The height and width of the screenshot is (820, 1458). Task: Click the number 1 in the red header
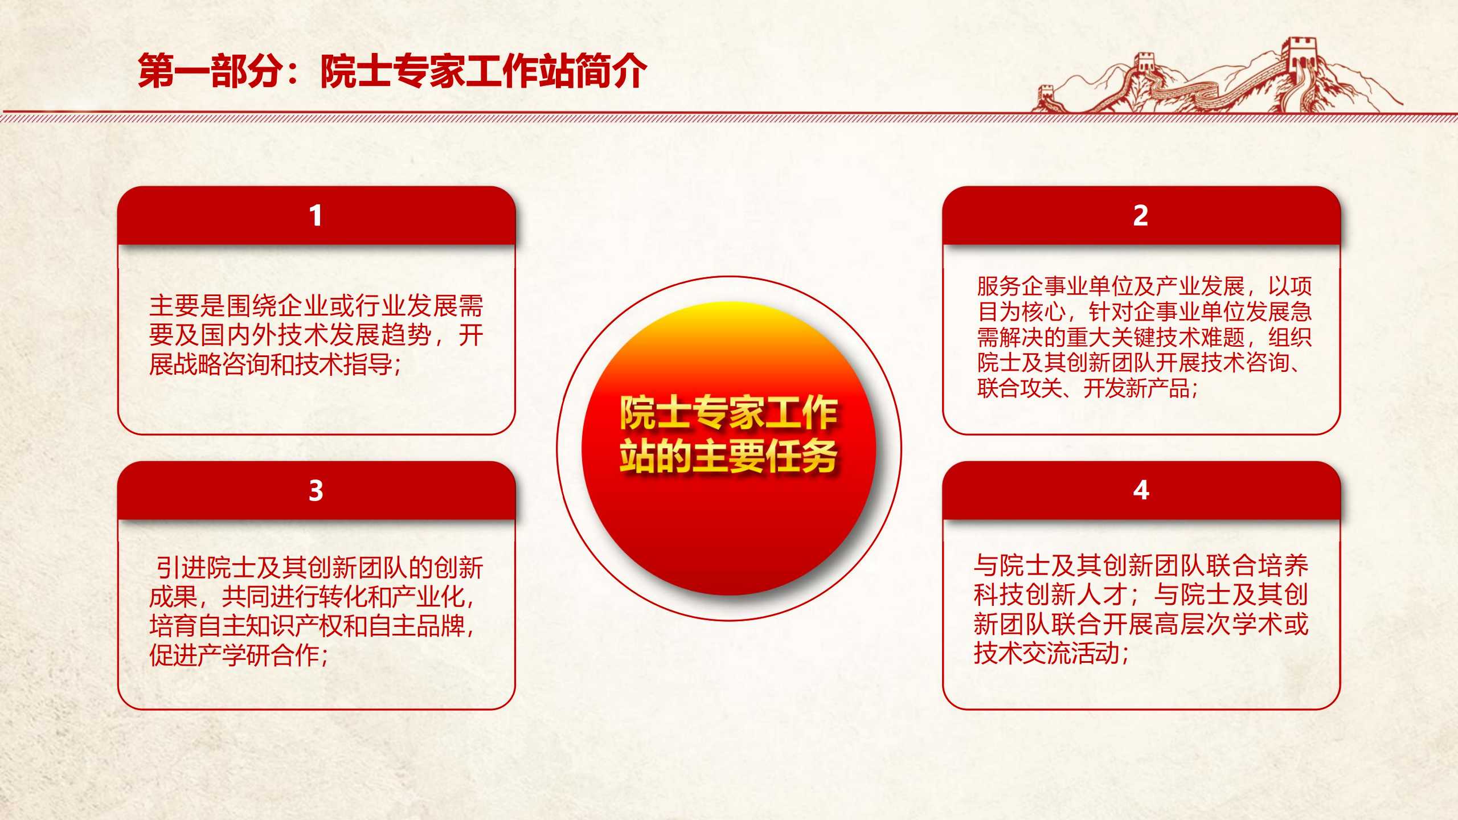point(316,216)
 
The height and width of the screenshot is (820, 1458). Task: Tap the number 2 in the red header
point(1140,216)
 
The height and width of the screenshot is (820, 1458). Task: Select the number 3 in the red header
point(316,490)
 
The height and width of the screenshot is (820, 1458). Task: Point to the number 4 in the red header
point(1141,490)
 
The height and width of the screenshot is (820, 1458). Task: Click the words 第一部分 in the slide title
point(210,71)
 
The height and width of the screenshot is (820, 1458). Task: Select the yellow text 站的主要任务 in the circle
point(728,457)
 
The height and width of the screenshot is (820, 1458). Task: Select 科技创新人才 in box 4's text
point(1051,595)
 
